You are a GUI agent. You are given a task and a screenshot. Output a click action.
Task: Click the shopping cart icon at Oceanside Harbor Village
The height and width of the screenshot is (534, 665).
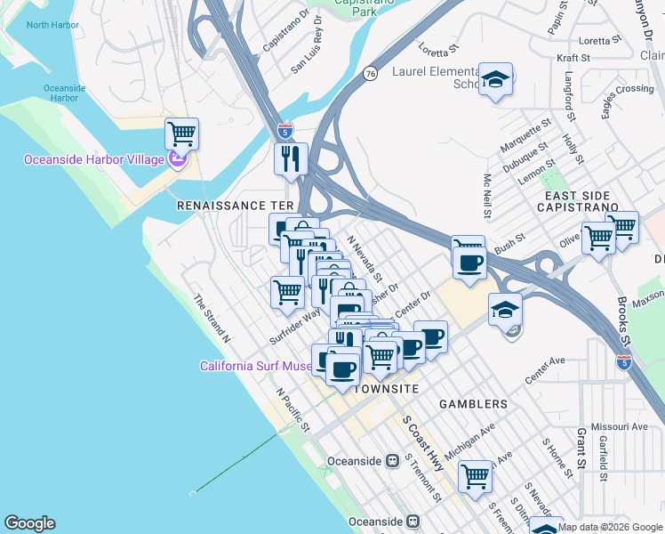pyautogui.click(x=181, y=134)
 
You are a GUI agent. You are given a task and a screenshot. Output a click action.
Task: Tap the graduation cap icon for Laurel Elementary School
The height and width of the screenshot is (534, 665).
pyautogui.click(x=495, y=78)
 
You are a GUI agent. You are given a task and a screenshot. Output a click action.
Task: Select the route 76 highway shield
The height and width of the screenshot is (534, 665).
pyautogui.click(x=369, y=74)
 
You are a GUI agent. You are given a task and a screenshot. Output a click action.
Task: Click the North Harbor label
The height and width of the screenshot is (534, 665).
pyautogui.click(x=52, y=25)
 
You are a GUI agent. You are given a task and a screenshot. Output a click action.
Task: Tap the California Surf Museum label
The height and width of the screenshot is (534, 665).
pyautogui.click(x=255, y=366)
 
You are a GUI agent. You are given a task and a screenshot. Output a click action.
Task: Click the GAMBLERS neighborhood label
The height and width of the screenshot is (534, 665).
pyautogui.click(x=473, y=404)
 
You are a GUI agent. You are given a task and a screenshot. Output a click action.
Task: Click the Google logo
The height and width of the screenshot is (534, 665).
pyautogui.click(x=29, y=523)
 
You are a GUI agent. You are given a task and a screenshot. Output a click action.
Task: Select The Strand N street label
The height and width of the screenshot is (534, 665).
pyautogui.click(x=212, y=320)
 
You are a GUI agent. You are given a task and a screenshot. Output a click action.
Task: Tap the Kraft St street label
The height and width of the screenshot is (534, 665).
pyautogui.click(x=573, y=58)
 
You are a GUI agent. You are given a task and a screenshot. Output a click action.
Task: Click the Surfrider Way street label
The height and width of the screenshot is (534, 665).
pyautogui.click(x=294, y=327)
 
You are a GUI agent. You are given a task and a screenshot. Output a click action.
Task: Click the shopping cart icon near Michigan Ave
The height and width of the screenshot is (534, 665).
pyautogui.click(x=476, y=476)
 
